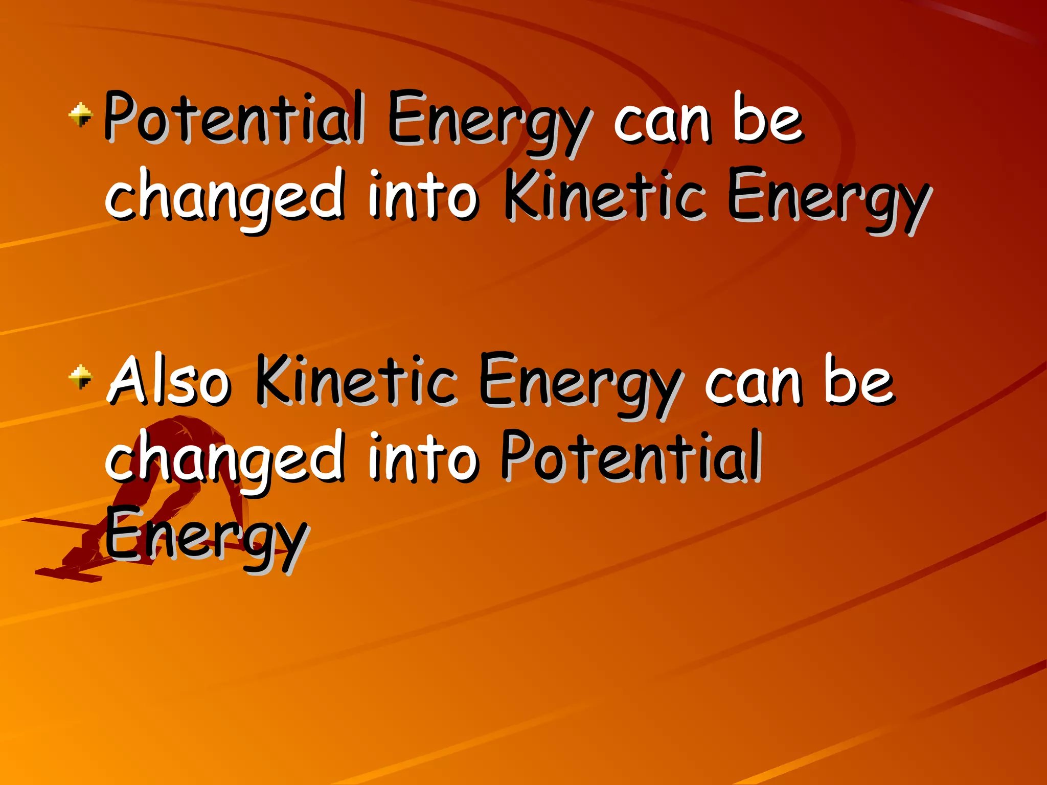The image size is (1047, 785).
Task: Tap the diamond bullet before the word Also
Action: tap(80, 377)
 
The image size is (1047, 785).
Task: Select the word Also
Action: tap(169, 381)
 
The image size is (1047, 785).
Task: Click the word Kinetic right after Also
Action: tap(356, 381)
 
